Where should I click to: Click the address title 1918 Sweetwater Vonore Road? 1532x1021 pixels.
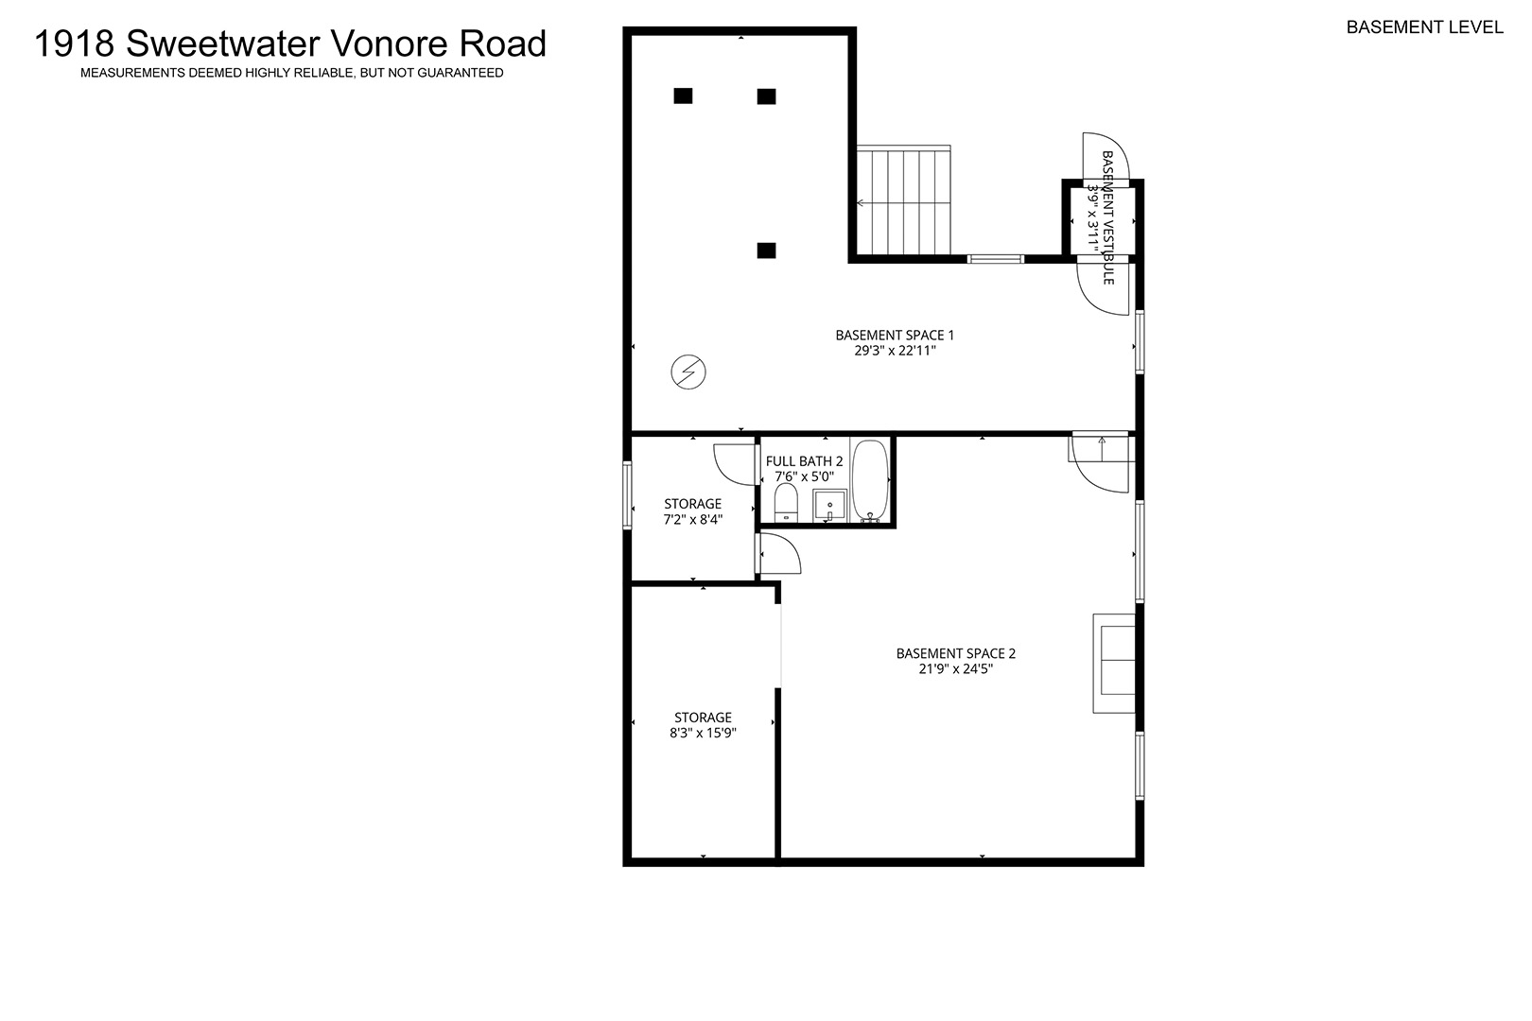[290, 43]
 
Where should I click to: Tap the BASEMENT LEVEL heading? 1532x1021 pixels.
[1424, 27]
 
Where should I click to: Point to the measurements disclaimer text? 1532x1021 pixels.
[292, 73]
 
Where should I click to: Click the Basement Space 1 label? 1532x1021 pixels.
[895, 335]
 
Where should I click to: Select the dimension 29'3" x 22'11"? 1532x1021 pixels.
[895, 351]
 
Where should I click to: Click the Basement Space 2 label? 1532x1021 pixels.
[956, 653]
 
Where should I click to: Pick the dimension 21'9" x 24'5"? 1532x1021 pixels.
[956, 668]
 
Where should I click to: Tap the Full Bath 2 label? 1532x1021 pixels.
[804, 461]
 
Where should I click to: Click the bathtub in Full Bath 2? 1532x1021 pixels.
[870, 481]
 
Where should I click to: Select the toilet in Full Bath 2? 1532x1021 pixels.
[786, 503]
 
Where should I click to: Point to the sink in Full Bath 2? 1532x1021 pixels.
[829, 506]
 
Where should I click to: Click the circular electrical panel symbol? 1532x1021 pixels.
[688, 372]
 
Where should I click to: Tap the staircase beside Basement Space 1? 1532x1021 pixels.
[903, 199]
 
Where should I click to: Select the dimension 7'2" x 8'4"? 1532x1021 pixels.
[693, 520]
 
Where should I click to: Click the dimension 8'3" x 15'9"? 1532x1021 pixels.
[703, 733]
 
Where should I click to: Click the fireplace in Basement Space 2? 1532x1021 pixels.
[1114, 664]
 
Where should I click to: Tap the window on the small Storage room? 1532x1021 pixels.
[626, 495]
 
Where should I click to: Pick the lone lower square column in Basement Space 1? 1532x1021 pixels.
[766, 251]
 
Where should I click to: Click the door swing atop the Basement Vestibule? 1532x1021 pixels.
[1105, 157]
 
